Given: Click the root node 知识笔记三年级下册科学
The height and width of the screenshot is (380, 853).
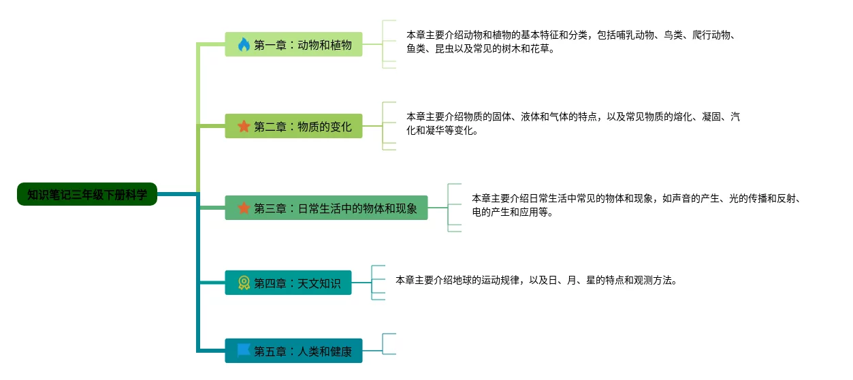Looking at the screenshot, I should tap(87, 194).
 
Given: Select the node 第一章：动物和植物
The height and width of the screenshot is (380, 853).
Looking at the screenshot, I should tap(293, 44).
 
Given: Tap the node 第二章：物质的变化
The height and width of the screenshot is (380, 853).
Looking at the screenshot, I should tap(293, 126).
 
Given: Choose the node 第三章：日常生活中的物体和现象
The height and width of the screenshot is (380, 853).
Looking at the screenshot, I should tap(326, 208).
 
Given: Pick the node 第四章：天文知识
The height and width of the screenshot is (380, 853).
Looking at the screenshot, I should tap(288, 283).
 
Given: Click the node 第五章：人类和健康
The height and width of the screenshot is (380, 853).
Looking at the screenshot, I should tap(293, 351).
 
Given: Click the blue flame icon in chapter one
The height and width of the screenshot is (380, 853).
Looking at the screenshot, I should tap(244, 45).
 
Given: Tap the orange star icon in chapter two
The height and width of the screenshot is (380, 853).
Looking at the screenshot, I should tap(244, 126).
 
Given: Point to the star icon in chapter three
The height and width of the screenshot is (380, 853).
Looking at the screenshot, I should tap(244, 208).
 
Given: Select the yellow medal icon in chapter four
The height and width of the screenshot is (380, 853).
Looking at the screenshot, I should tap(244, 283).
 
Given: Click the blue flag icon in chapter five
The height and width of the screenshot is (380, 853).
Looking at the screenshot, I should tap(244, 350).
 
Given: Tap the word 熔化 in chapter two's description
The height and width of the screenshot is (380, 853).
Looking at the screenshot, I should tap(683, 116).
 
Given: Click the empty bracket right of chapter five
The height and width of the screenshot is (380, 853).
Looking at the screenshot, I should tap(389, 344).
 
